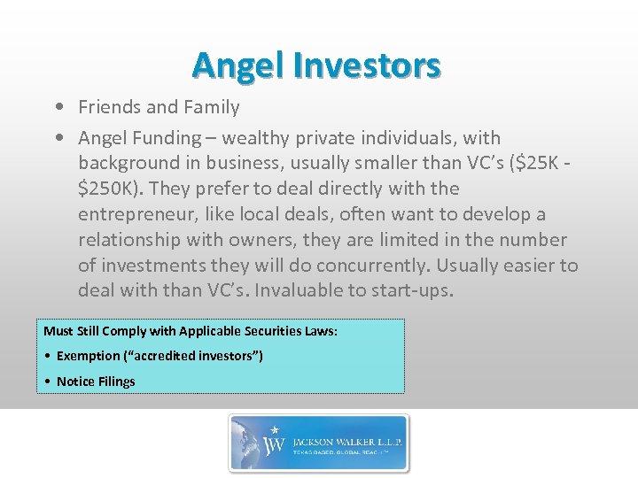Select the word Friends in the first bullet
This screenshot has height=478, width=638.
click(110, 107)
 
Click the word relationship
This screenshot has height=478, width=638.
click(131, 240)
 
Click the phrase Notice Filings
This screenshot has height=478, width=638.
click(96, 382)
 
